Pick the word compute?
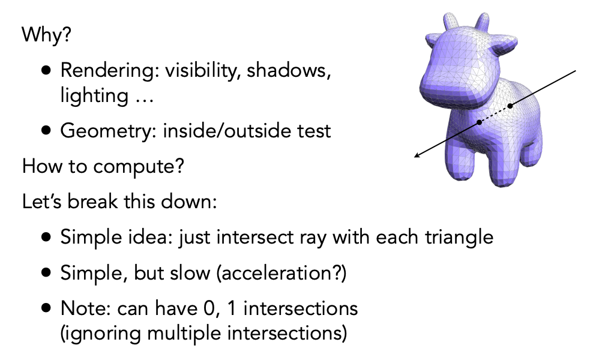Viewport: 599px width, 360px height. tap(139, 167)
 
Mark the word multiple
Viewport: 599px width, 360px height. tap(184, 333)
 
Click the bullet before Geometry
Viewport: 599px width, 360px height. tap(46, 131)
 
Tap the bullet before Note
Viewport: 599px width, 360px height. tap(46, 308)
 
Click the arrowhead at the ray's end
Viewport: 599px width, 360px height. tap(418, 155)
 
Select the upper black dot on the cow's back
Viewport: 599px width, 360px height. tap(510, 106)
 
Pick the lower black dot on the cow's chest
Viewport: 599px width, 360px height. tap(479, 122)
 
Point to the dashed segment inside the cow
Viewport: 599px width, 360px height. tap(495, 114)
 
